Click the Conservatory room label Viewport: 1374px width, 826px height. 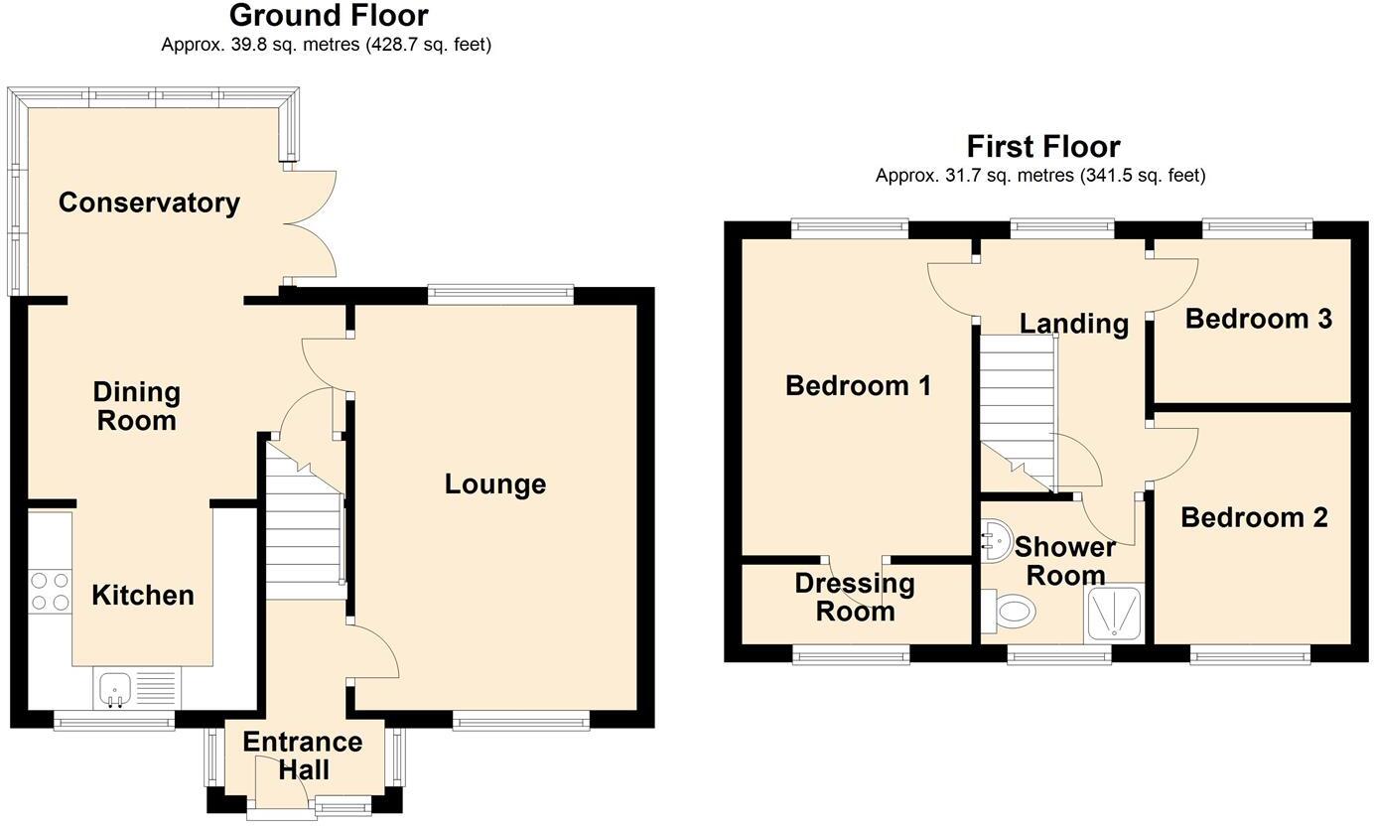[149, 203]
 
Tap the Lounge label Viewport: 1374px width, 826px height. [495, 483]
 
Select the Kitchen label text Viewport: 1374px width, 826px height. [143, 595]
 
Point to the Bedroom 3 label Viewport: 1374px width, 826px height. [1259, 319]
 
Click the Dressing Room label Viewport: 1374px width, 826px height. [855, 598]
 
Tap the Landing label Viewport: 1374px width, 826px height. [1074, 324]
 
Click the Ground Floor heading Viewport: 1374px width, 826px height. [329, 15]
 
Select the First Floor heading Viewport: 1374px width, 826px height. [1043, 147]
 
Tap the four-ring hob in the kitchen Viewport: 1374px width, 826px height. [51, 591]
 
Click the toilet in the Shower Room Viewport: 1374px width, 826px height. [1009, 611]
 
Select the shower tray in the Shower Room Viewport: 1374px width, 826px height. [1113, 614]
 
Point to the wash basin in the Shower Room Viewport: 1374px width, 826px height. [996, 540]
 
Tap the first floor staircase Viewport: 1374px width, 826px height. [1018, 413]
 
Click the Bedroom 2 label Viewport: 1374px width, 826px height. [1254, 517]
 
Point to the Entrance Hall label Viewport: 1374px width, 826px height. [303, 756]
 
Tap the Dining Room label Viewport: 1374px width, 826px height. [136, 406]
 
